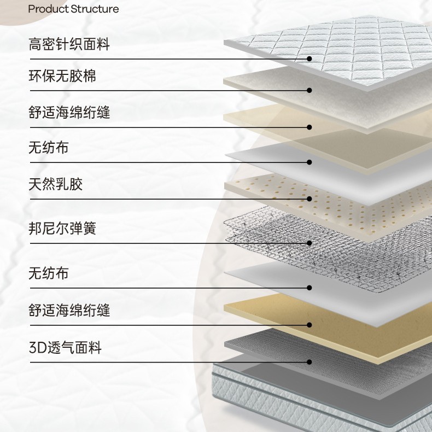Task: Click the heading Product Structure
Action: pyautogui.click(x=73, y=9)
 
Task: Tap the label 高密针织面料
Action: pyautogui.click(x=69, y=44)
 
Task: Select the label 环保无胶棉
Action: pyautogui.click(x=62, y=75)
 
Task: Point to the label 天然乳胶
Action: pyautogui.click(x=55, y=184)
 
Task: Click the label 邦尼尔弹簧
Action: pyautogui.click(x=62, y=228)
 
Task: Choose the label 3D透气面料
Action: pyautogui.click(x=65, y=347)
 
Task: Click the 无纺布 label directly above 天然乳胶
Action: pyautogui.click(x=49, y=147)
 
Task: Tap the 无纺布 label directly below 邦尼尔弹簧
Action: pyautogui.click(x=49, y=272)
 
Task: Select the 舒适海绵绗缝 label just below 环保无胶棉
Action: pyautogui.click(x=69, y=113)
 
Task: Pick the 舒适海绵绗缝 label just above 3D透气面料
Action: pyautogui.click(x=69, y=311)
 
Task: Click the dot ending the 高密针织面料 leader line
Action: pyautogui.click(x=309, y=59)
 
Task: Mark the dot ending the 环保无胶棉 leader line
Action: pyautogui.click(x=309, y=90)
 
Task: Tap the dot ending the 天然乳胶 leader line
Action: pyautogui.click(x=309, y=199)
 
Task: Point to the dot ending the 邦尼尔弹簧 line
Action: pyautogui.click(x=309, y=243)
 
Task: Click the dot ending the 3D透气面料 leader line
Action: pyautogui.click(x=309, y=362)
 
